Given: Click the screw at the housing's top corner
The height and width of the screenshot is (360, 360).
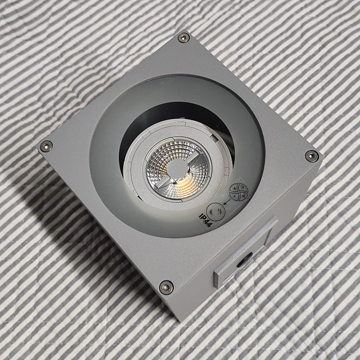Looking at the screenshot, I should click(x=183, y=38).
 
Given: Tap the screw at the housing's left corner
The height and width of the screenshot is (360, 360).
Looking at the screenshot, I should click(x=44, y=147).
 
